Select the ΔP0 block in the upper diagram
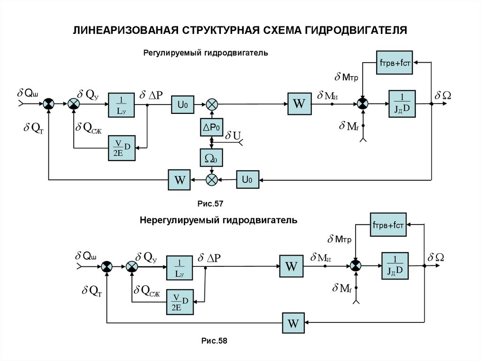tap(211, 127)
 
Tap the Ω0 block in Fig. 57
tap(211, 158)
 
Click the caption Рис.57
tap(212, 204)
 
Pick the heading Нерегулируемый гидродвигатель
tap(218, 220)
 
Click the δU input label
tap(233, 136)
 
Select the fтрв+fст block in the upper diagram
tap(395, 63)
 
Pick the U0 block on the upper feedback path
tap(248, 179)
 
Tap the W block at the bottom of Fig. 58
tap(293, 323)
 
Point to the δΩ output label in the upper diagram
tap(442, 95)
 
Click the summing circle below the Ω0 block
tap(212, 179)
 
